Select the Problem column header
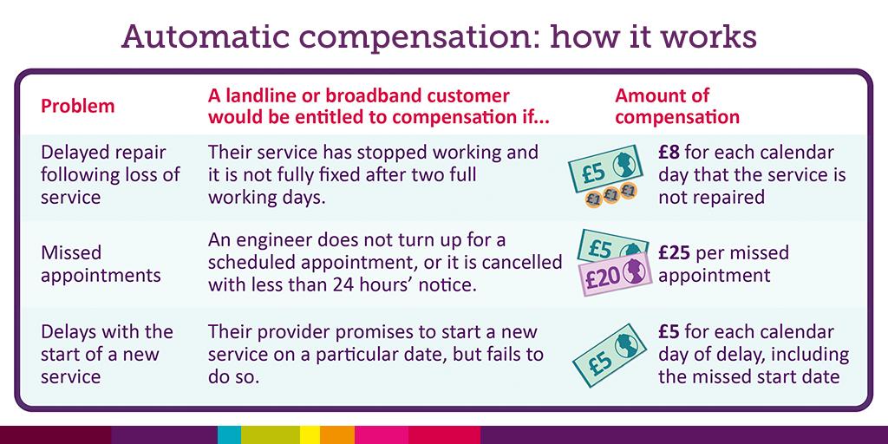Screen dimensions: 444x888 tap(78, 107)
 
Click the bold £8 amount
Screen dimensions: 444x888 tap(669, 153)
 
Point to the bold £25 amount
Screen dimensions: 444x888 tap(674, 253)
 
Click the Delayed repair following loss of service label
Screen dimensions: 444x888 tap(110, 174)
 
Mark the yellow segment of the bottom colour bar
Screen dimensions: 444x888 tap(310, 434)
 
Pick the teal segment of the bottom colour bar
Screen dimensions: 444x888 tap(229, 434)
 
